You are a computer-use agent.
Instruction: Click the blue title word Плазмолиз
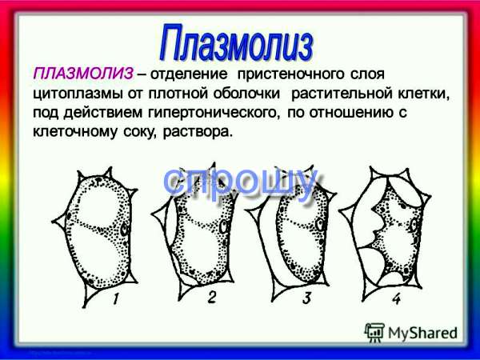tap(236, 43)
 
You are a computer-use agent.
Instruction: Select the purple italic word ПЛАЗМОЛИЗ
tap(83, 74)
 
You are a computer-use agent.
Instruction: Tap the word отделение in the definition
tap(189, 74)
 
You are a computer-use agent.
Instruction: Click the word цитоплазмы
tap(78, 94)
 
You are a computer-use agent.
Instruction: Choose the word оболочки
tap(246, 94)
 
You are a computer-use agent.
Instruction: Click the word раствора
tap(196, 133)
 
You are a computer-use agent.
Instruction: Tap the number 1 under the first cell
tap(115, 298)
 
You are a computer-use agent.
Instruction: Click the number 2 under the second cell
tap(212, 297)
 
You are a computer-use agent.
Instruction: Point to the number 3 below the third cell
tap(307, 298)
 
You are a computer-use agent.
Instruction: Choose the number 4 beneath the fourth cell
tap(397, 298)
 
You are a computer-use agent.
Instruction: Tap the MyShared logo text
tap(422, 333)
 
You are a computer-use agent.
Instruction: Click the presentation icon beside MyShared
tap(374, 333)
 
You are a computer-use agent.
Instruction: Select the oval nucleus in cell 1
tap(124, 230)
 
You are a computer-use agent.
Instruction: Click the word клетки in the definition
tap(424, 94)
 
